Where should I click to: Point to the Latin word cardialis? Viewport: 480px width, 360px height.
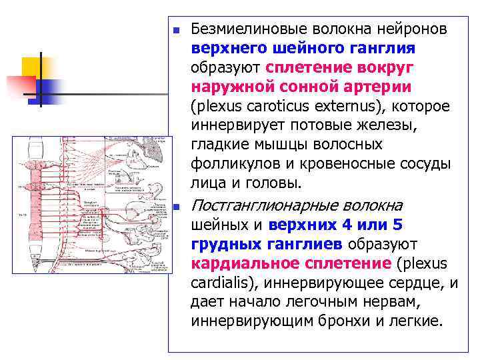pyautogui.click(x=219, y=283)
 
